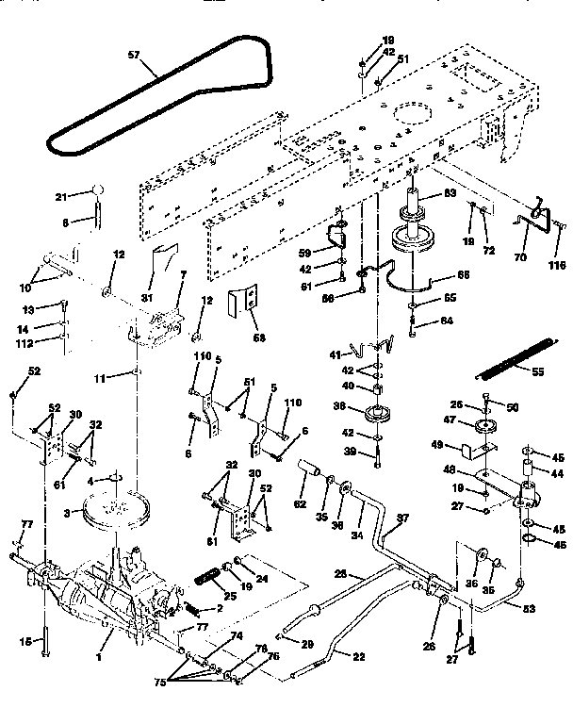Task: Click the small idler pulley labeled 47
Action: (x=487, y=427)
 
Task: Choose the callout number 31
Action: (x=146, y=298)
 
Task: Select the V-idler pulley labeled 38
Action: (x=375, y=413)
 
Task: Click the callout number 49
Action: (x=437, y=445)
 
